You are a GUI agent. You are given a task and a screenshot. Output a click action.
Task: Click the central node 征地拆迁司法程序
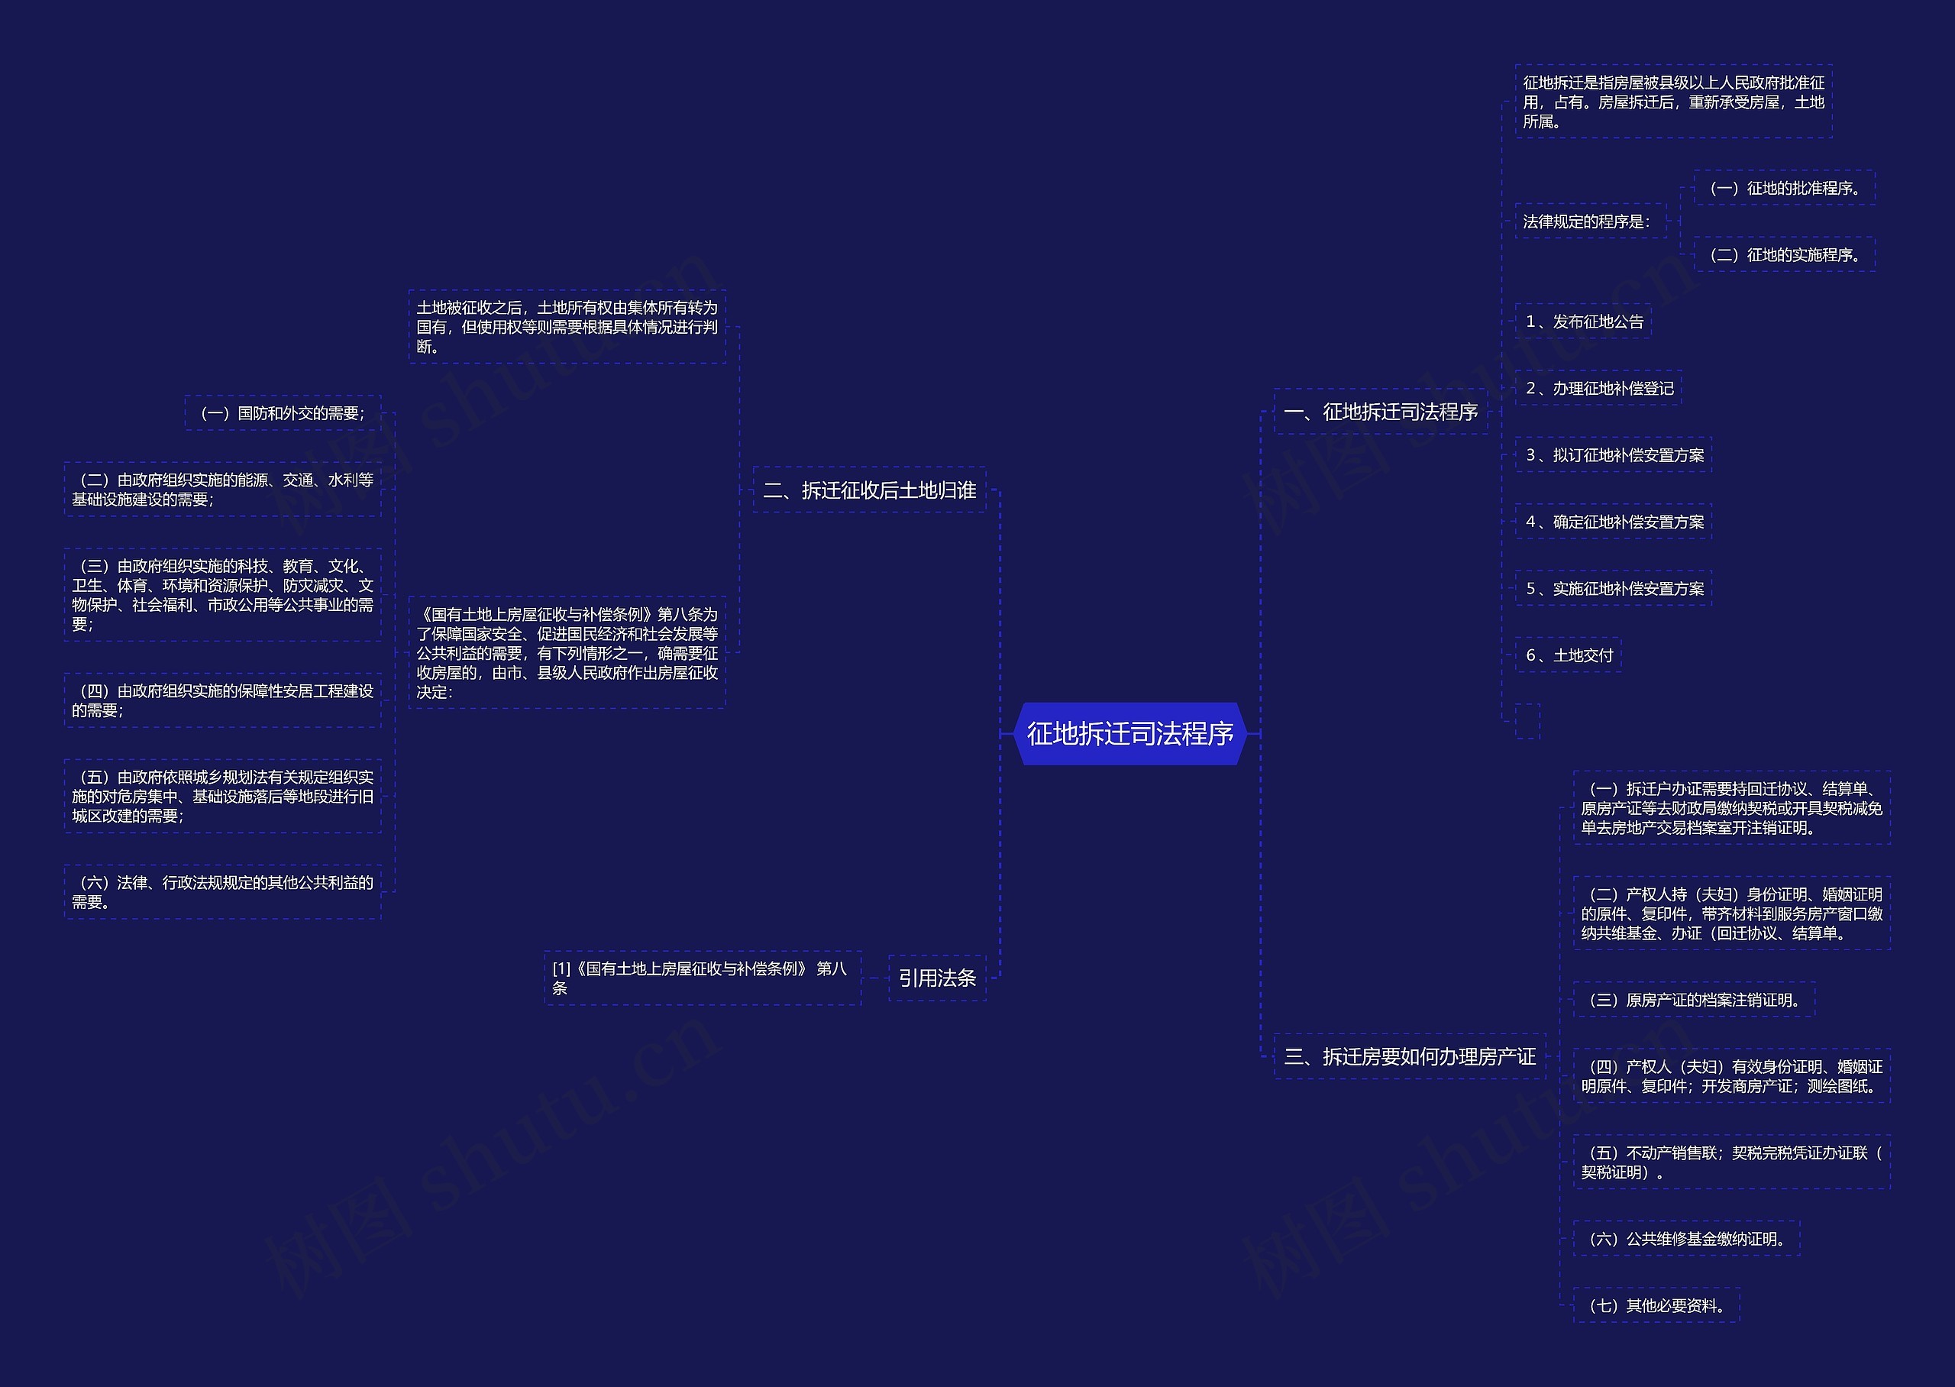click(x=1129, y=734)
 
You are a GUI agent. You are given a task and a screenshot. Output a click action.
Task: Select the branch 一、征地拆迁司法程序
click(x=1381, y=412)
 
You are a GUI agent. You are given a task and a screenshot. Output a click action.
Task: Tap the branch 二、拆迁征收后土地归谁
click(x=869, y=490)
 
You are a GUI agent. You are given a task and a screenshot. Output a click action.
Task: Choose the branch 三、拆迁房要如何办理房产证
click(x=1410, y=1056)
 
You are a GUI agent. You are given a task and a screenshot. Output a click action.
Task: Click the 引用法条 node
click(x=936, y=978)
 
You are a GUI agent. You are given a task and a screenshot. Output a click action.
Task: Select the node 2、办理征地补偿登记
click(x=1599, y=389)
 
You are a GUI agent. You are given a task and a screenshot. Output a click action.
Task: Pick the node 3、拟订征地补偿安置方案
click(x=1614, y=455)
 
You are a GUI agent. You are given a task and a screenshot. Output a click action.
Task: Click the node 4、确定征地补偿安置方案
click(x=1614, y=522)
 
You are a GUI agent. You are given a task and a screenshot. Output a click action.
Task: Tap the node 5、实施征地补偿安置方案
click(x=1614, y=588)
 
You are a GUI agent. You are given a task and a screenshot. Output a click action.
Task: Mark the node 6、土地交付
click(x=1569, y=655)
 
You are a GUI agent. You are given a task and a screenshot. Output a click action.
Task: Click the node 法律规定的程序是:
click(x=1591, y=221)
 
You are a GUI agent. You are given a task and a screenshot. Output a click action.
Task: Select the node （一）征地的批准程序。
click(x=1784, y=188)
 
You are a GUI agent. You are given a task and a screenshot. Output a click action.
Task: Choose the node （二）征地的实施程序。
click(x=1784, y=254)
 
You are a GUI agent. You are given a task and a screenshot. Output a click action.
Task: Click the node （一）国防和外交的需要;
click(x=283, y=413)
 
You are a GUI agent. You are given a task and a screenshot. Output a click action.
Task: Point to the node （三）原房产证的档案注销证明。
click(x=1694, y=1000)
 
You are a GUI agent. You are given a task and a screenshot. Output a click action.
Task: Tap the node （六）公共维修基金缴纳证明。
click(x=1686, y=1238)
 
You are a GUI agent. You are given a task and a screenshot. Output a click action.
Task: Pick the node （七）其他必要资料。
click(x=1656, y=1305)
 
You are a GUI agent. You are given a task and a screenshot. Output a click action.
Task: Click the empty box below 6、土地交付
click(x=1528, y=722)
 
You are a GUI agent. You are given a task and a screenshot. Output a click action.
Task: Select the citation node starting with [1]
click(x=703, y=978)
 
